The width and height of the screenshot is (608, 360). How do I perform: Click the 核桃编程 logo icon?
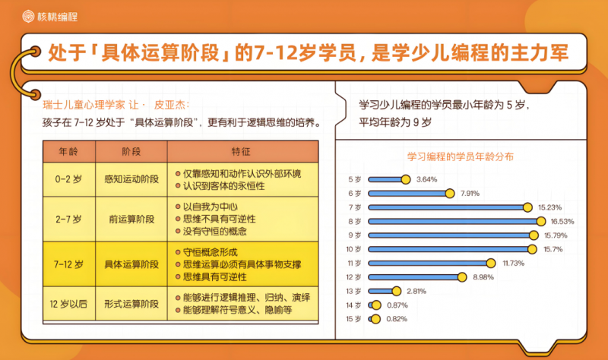pos(28,16)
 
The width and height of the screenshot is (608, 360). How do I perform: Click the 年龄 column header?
pos(68,151)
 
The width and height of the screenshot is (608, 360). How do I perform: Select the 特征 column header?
pos(241,151)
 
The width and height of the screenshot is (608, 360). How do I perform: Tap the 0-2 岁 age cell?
pos(68,179)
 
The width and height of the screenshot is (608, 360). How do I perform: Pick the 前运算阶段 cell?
pos(131,219)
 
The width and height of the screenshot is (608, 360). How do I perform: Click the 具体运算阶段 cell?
pos(131,264)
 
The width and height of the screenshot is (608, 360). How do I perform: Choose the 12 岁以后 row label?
pos(68,304)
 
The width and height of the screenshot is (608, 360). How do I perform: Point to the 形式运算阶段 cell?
pos(131,304)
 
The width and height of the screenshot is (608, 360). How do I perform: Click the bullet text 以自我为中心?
pos(211,207)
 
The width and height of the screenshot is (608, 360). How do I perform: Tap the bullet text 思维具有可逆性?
pos(215,276)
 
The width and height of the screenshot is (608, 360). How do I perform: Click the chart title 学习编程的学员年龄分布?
pos(461,156)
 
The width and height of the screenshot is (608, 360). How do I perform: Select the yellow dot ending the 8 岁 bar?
pos(541,221)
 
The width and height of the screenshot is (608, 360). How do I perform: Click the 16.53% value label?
pos(562,221)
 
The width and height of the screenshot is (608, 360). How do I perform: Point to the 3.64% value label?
pos(426,179)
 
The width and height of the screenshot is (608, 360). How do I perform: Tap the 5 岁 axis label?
pos(354,179)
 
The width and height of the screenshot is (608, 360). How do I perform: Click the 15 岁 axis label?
pos(353,319)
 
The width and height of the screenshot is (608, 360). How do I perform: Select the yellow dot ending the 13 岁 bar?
pos(396,291)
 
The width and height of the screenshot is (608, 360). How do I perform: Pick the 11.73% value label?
pos(514,263)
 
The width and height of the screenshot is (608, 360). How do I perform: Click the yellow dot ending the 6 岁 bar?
pos(450,194)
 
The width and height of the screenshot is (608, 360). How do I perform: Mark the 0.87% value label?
pos(397,305)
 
